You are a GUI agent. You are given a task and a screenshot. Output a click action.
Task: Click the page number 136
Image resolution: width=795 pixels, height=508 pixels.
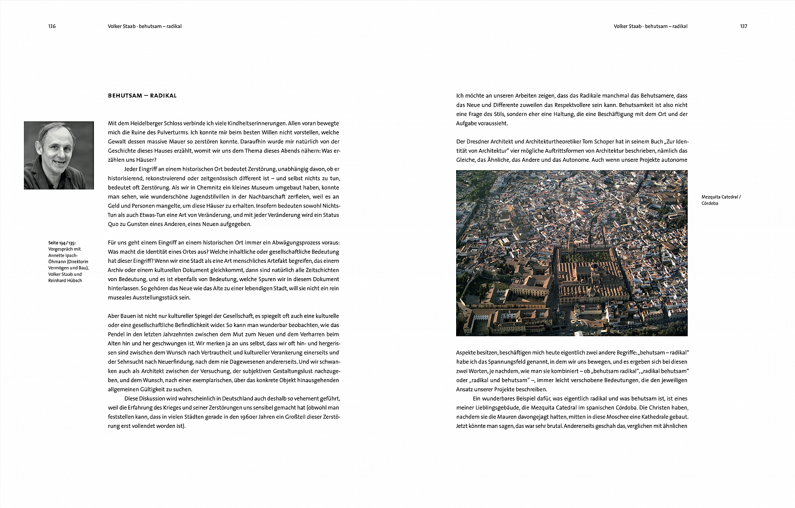click(x=52, y=26)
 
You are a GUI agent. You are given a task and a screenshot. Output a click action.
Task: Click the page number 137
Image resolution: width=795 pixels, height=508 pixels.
click(x=743, y=26)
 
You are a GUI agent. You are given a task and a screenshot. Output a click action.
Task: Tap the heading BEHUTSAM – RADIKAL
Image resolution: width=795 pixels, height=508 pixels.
click(x=142, y=96)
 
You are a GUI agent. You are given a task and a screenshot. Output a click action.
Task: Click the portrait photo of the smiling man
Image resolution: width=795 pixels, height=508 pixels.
click(x=59, y=155)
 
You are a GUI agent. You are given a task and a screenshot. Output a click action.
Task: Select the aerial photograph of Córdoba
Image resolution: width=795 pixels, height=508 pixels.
click(x=571, y=253)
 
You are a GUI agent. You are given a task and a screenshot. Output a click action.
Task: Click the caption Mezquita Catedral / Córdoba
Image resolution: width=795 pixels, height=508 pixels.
click(x=720, y=200)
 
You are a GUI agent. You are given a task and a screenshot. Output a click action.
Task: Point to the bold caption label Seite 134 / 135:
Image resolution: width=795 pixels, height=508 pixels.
click(x=62, y=243)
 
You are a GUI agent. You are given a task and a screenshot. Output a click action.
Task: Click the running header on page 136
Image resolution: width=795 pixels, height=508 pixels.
click(x=145, y=26)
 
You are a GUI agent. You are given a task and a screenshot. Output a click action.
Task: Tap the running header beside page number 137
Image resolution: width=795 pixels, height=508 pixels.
click(x=650, y=26)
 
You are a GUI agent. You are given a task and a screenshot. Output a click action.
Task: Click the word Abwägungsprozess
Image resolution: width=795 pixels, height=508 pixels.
click(x=295, y=243)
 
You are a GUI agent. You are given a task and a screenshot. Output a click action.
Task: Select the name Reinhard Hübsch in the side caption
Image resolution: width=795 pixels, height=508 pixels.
click(x=65, y=281)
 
